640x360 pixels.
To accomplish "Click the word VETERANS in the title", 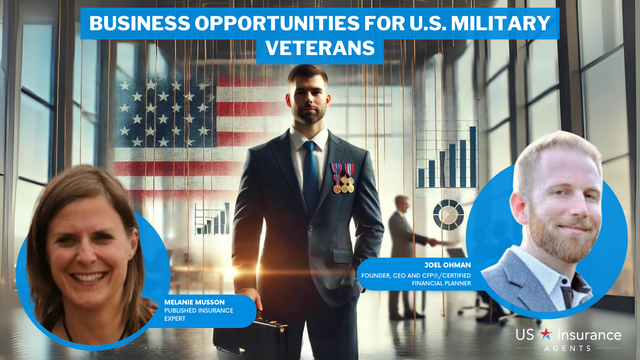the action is coord(320,48).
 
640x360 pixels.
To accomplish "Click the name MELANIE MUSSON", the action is coord(194,302).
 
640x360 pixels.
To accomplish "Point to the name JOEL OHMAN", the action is coord(448,265).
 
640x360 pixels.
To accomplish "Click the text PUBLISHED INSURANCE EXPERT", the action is coord(198,314).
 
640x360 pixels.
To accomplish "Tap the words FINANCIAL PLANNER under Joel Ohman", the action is coord(441,283).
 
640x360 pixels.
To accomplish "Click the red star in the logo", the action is coord(546,334).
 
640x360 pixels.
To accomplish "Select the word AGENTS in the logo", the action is coord(567,348).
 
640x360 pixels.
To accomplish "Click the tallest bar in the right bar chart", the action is coord(473,157).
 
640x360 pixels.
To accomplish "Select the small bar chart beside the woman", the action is coord(212,218).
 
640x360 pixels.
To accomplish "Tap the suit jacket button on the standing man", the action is coord(311,228).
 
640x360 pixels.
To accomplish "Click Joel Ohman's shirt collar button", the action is coord(565,281).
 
